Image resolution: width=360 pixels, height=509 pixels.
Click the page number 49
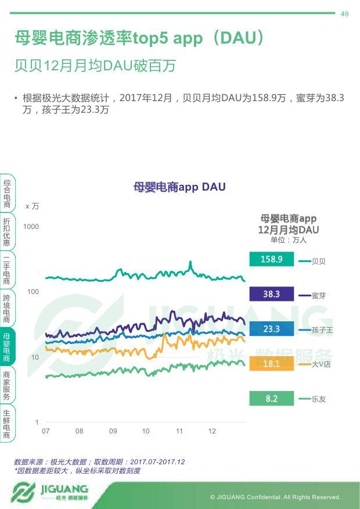click(344, 14)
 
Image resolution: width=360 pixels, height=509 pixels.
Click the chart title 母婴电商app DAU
click(179, 187)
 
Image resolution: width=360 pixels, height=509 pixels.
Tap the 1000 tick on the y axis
click(31, 227)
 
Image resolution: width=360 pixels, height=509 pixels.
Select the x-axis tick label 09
click(113, 431)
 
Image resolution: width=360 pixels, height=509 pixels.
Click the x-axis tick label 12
click(212, 431)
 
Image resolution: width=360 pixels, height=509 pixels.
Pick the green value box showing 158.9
click(271, 260)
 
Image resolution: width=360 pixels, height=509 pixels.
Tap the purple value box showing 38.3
click(271, 295)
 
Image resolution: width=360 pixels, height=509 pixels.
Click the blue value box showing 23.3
click(271, 329)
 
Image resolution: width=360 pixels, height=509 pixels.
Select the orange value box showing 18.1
click(271, 364)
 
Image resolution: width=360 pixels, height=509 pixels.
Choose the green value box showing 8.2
click(271, 399)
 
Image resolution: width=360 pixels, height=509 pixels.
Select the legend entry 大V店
click(321, 364)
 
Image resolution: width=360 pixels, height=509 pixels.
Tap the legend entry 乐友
click(318, 399)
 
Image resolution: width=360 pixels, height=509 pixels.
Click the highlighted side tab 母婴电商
click(7, 347)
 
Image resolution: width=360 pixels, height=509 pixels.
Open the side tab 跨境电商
click(7, 308)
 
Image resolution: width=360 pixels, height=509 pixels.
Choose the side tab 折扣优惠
click(7, 231)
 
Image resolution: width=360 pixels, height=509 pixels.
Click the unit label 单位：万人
click(288, 240)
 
